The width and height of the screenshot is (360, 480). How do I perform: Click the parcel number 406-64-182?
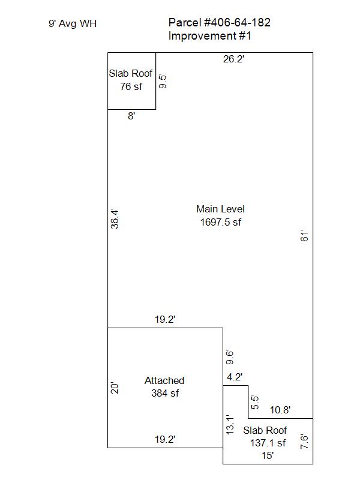click(237, 22)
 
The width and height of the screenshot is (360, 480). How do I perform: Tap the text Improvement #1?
click(209, 36)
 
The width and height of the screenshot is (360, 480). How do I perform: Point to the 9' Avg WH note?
click(73, 23)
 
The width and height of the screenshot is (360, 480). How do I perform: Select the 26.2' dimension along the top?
click(233, 59)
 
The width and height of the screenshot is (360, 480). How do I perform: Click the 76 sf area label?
click(131, 86)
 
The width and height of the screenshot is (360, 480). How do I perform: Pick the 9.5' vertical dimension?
click(163, 82)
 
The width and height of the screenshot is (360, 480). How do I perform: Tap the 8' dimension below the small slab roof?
click(131, 116)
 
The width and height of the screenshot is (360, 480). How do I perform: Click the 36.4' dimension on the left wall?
click(115, 219)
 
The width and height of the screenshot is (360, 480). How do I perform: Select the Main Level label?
click(220, 209)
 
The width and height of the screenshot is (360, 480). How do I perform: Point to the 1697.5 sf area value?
click(221, 222)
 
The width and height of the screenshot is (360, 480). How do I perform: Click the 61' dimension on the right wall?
click(304, 235)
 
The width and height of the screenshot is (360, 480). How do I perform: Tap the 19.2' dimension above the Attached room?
click(165, 319)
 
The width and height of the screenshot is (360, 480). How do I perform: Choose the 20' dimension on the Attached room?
click(115, 388)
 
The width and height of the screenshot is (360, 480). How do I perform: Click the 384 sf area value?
click(165, 393)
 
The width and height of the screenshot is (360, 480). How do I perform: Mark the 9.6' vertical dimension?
click(230, 357)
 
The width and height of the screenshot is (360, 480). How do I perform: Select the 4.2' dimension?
click(235, 377)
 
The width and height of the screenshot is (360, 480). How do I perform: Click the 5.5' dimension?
click(254, 402)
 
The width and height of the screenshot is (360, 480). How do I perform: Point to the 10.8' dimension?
click(280, 410)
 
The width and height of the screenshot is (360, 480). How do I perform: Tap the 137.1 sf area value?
click(268, 443)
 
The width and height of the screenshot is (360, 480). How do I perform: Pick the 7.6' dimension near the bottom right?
click(304, 442)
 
